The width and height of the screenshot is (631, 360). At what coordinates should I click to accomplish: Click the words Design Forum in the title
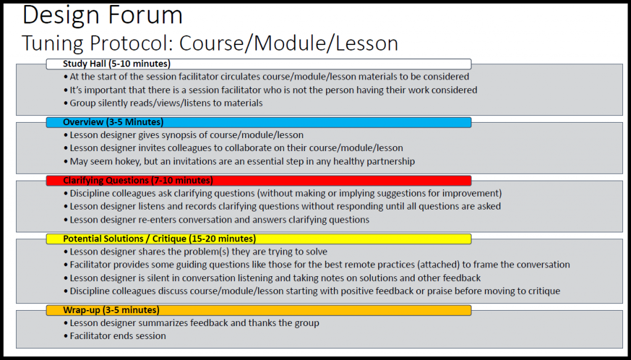102,15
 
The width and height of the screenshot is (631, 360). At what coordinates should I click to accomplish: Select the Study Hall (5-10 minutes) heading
116,63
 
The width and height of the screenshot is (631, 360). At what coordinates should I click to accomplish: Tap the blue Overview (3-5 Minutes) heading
113,122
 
